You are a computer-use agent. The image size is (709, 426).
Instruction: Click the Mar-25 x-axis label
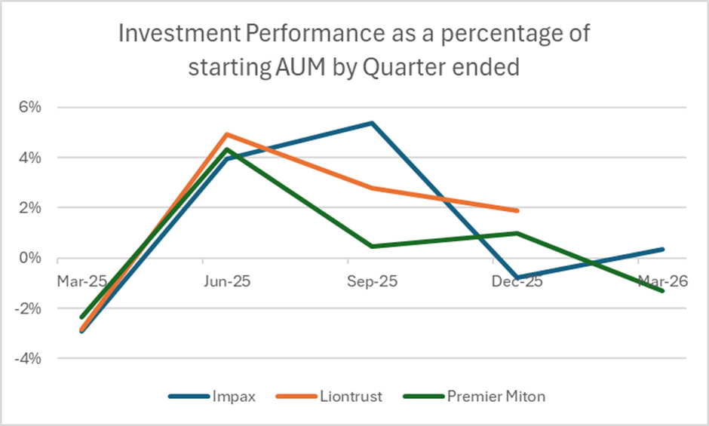(81, 281)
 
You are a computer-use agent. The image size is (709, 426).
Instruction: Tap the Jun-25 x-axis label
(227, 281)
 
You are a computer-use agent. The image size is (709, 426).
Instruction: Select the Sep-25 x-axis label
(372, 281)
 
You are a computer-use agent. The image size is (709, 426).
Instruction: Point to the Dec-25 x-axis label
(517, 281)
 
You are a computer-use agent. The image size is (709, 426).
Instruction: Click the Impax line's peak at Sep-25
(372, 123)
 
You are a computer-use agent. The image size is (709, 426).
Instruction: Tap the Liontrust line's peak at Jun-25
(227, 134)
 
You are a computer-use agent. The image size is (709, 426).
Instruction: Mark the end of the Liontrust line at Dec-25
(517, 210)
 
